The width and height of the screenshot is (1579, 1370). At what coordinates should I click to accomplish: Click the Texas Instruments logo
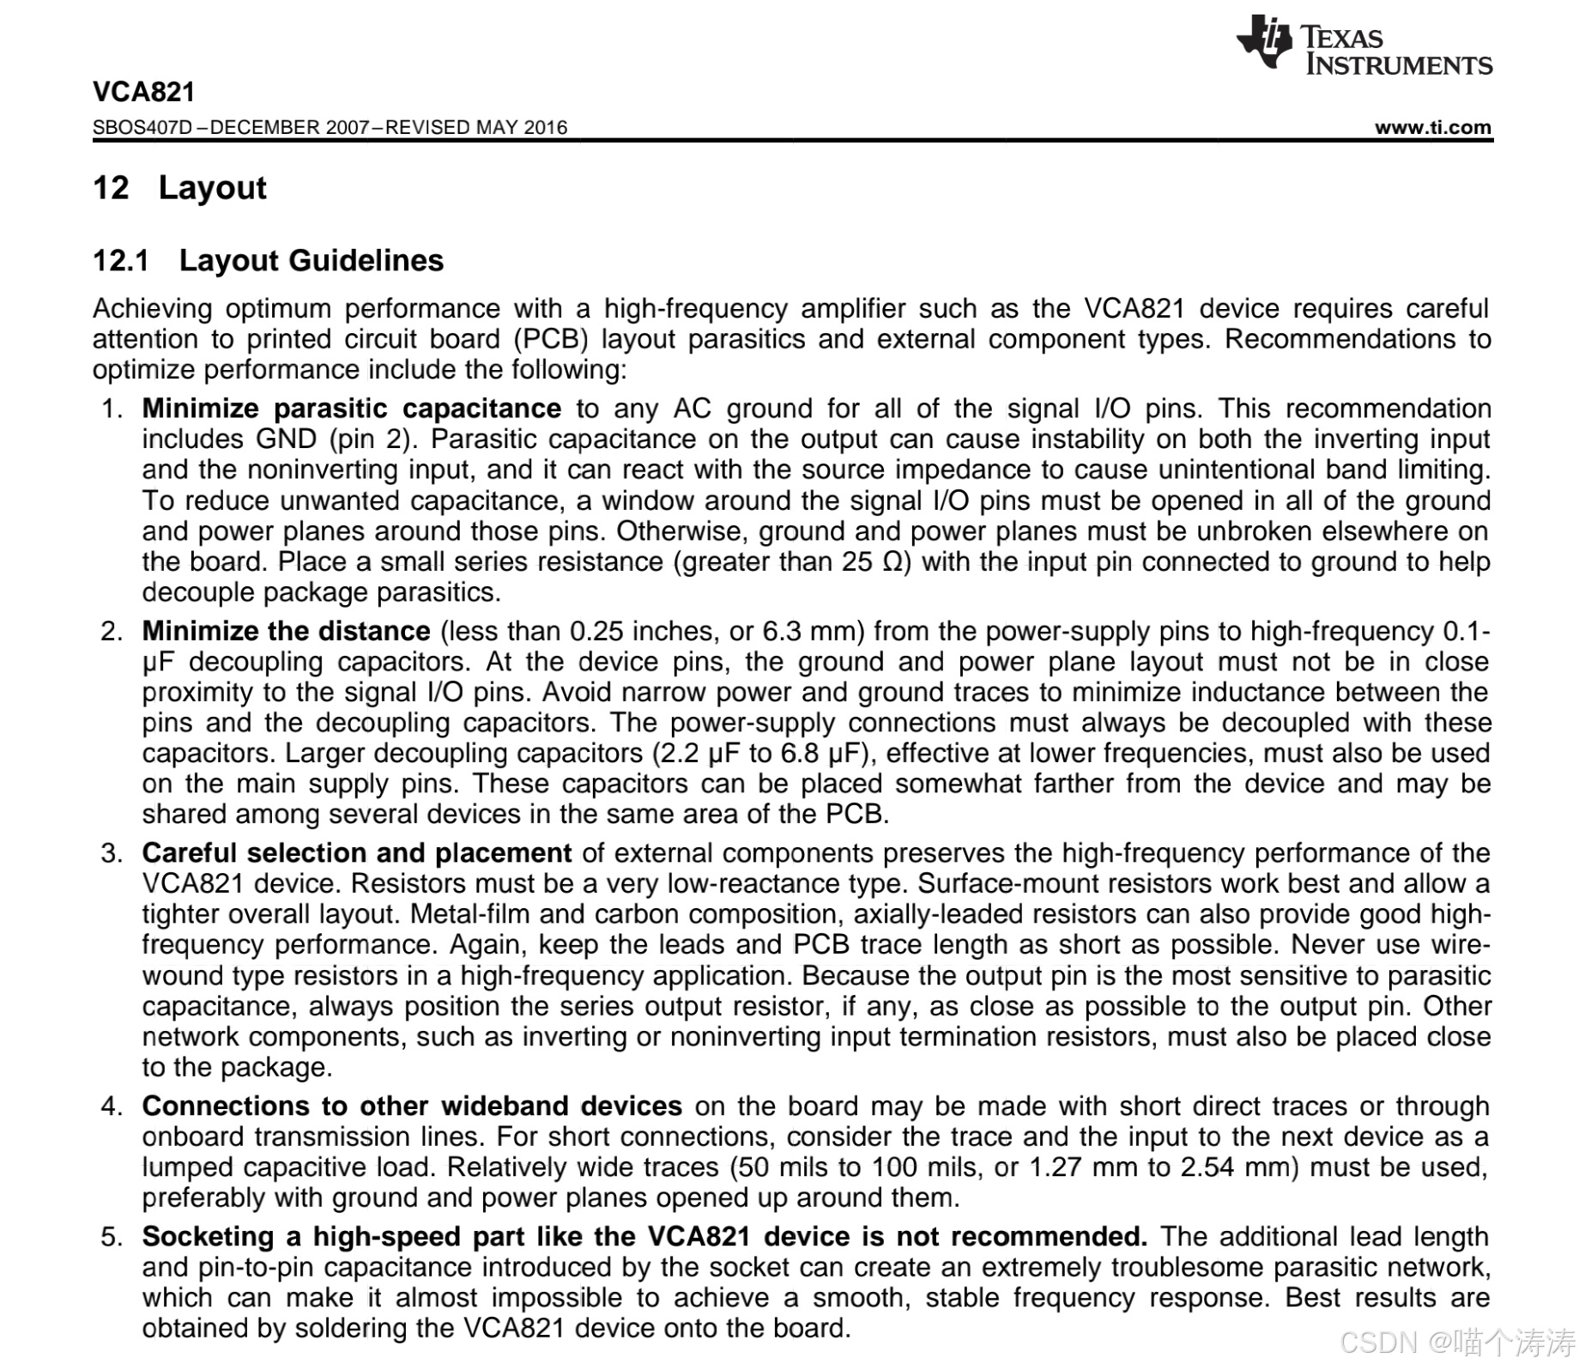(x=1364, y=45)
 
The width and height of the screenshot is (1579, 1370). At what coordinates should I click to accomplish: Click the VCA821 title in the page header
(x=144, y=92)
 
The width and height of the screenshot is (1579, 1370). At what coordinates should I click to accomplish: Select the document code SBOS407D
(x=142, y=128)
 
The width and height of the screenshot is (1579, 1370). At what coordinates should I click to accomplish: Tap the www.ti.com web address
(x=1432, y=128)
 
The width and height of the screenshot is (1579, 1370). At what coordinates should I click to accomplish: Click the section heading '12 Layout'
(x=179, y=188)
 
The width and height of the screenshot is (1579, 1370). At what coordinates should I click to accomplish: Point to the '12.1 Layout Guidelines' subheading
(x=268, y=260)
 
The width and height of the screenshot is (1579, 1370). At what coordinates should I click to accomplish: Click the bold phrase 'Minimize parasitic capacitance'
(x=351, y=409)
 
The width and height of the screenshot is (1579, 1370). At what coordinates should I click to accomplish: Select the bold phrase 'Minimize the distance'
(x=286, y=631)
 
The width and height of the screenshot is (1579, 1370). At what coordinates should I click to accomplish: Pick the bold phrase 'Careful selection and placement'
(x=356, y=853)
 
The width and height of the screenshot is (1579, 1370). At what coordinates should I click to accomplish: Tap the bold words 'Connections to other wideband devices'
(x=412, y=1106)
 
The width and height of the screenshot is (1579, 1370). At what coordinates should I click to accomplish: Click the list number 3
(x=111, y=853)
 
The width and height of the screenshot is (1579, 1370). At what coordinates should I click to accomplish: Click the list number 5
(x=111, y=1237)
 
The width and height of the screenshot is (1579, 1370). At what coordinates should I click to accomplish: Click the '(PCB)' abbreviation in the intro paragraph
(x=551, y=339)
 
